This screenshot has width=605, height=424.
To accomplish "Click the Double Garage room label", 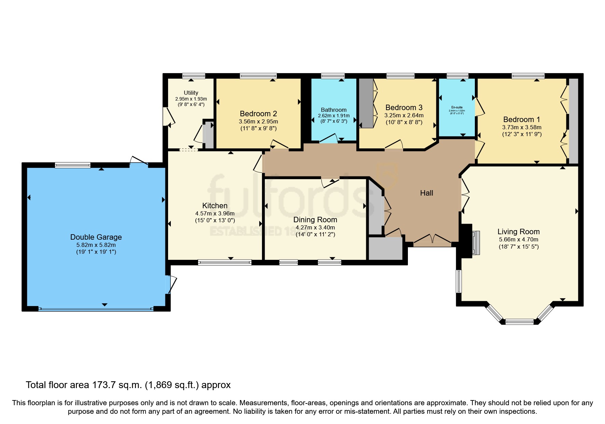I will (x=96, y=237).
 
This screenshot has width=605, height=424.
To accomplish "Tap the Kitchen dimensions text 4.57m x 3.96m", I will (x=215, y=213).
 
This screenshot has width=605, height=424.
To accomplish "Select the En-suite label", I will (x=457, y=107).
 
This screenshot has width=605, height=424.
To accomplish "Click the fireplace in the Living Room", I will (x=476, y=243).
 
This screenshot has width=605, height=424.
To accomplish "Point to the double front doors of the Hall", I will (x=432, y=240).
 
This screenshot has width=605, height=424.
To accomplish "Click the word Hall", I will (x=426, y=193).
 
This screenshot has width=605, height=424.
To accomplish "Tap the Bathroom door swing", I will (x=329, y=139).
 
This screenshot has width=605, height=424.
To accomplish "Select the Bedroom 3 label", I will (x=404, y=107).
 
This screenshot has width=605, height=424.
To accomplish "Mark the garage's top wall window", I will (x=73, y=165).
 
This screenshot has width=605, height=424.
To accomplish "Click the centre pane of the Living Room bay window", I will (x=519, y=321).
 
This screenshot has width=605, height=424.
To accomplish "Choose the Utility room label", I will (x=191, y=93).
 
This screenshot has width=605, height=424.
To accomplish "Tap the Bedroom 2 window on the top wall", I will (x=258, y=76).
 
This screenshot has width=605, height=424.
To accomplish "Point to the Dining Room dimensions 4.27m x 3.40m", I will (x=315, y=227).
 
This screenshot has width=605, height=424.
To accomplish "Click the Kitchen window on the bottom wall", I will (x=225, y=262).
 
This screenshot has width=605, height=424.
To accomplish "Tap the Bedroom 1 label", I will (x=521, y=119).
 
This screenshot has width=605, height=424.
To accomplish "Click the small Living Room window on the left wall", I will (x=459, y=281).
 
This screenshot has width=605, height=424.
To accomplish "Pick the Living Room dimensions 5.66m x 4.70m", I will (x=518, y=239).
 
